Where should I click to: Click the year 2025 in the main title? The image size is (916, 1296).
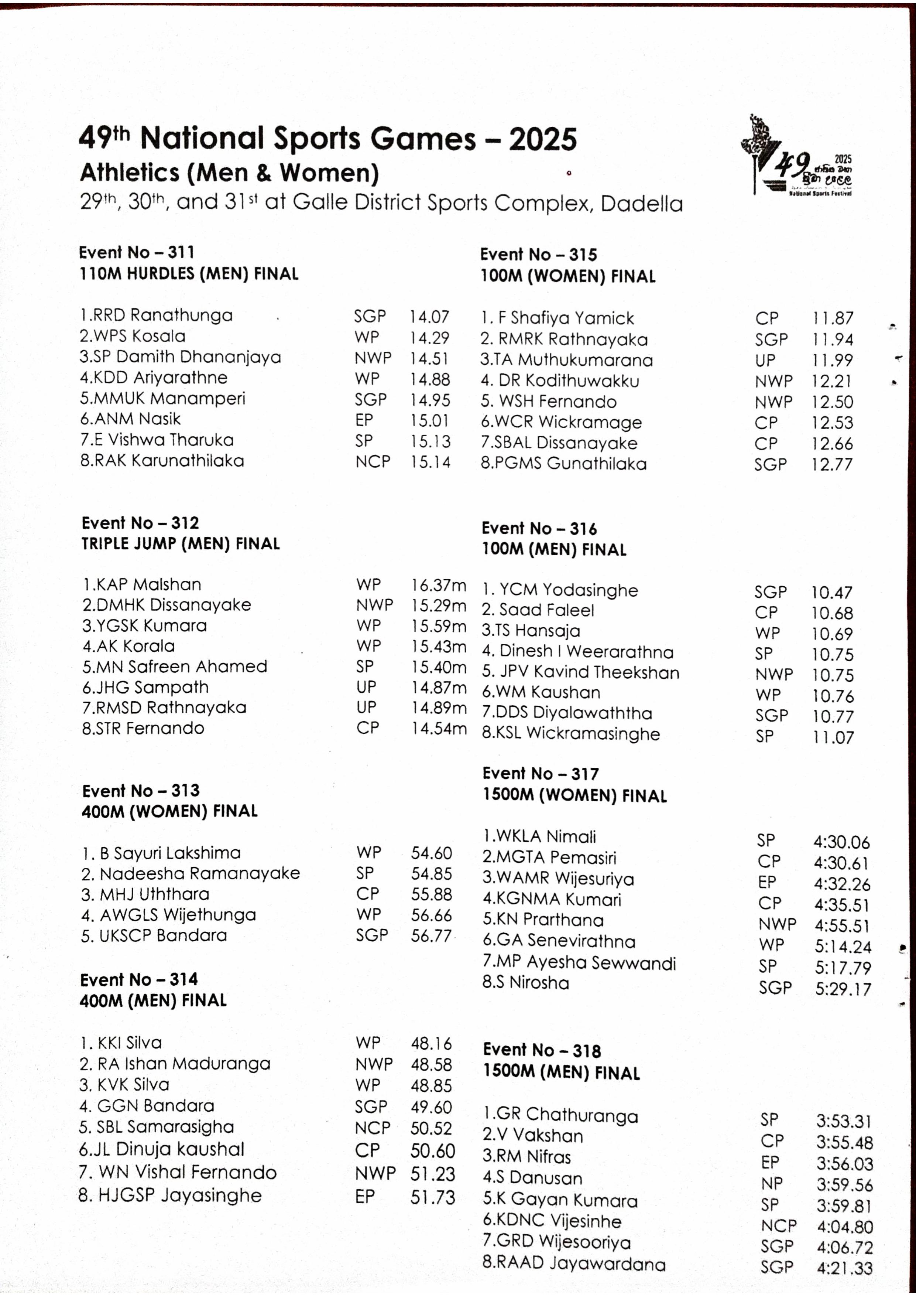(543, 139)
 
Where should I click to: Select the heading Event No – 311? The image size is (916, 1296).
(137, 252)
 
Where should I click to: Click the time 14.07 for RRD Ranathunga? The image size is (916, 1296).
(429, 317)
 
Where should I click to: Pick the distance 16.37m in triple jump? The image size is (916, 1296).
(438, 585)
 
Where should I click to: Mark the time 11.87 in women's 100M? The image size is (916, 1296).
(833, 319)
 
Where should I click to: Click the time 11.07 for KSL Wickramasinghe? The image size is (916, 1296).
(833, 737)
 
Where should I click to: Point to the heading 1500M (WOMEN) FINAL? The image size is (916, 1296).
(574, 796)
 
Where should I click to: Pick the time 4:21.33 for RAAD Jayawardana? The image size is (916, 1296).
(844, 1268)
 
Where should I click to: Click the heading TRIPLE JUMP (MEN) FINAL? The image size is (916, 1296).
(181, 543)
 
